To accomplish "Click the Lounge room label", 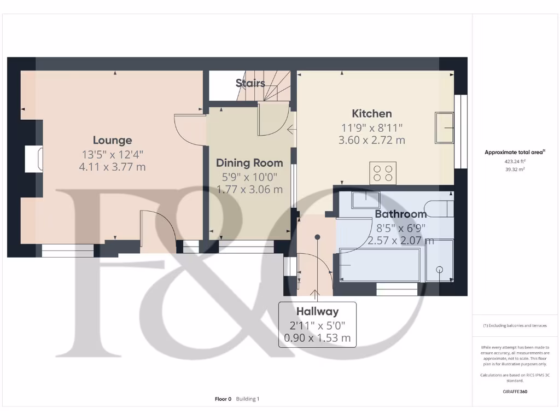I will pos(112,141).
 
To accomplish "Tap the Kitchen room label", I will pos(371,114).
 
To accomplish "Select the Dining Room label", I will pos(249,163).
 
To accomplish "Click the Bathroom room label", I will pos(400,214).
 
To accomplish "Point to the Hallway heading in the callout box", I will pos(317,312).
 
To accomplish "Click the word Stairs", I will pos(250,83).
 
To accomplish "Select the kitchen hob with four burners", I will pos(383,173).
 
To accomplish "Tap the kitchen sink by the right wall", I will pos(444,128).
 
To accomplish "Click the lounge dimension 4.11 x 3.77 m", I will pos(112,167).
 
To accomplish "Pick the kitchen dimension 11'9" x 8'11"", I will pos(371,128).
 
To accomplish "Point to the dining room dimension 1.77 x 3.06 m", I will pos(249,190).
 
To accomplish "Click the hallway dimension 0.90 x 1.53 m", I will pos(317,338).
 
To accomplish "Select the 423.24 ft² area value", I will pos(514,162).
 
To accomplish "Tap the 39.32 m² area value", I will pos(514,170).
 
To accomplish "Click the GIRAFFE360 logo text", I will pos(515,392).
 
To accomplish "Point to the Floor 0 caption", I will pos(223,399).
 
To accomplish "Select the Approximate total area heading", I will pos(514,153).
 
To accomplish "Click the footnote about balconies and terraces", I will pos(515,325).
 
